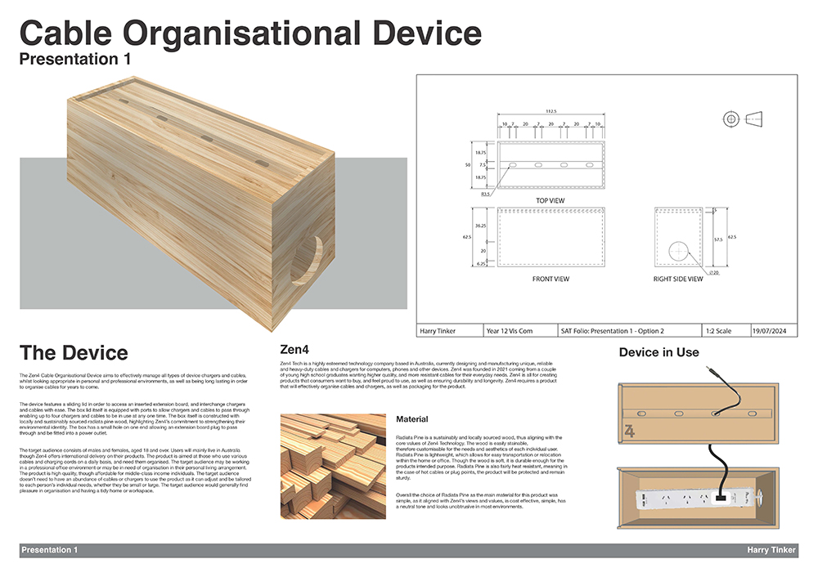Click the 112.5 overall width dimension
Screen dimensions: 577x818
551,112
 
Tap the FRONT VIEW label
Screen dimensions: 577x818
551,279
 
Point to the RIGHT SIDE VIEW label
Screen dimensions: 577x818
678,279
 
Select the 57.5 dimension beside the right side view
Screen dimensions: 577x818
717,240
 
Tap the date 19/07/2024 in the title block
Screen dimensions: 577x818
773,331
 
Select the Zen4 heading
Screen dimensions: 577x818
294,346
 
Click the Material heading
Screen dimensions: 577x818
412,419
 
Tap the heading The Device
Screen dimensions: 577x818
74,352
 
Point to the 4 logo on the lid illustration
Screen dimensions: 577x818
629,431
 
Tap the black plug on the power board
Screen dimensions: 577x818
722,494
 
